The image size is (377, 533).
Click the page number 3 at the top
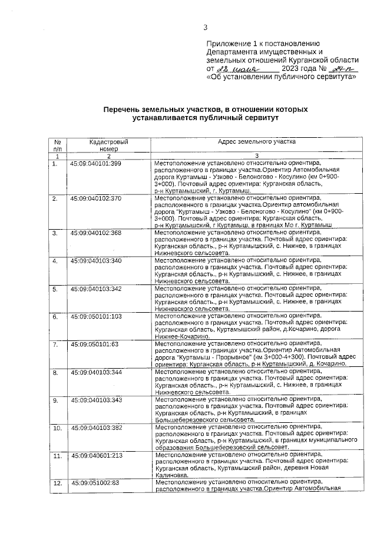pyautogui.click(x=206, y=27)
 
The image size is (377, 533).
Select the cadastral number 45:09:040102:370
pyautogui.click(x=96, y=198)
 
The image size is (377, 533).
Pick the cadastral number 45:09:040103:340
pyautogui.click(x=96, y=260)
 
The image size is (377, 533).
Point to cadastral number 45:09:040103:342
pyautogui.click(x=96, y=289)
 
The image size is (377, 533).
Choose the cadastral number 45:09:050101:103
pyautogui.click(x=96, y=316)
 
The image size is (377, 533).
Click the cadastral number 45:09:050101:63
pyautogui.click(x=94, y=344)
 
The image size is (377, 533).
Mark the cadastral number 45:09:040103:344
pyautogui.click(x=96, y=372)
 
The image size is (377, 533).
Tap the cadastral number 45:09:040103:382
pyautogui.click(x=96, y=428)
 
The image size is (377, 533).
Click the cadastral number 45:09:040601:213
pyautogui.click(x=96, y=455)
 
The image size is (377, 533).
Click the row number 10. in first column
pyautogui.click(x=58, y=428)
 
